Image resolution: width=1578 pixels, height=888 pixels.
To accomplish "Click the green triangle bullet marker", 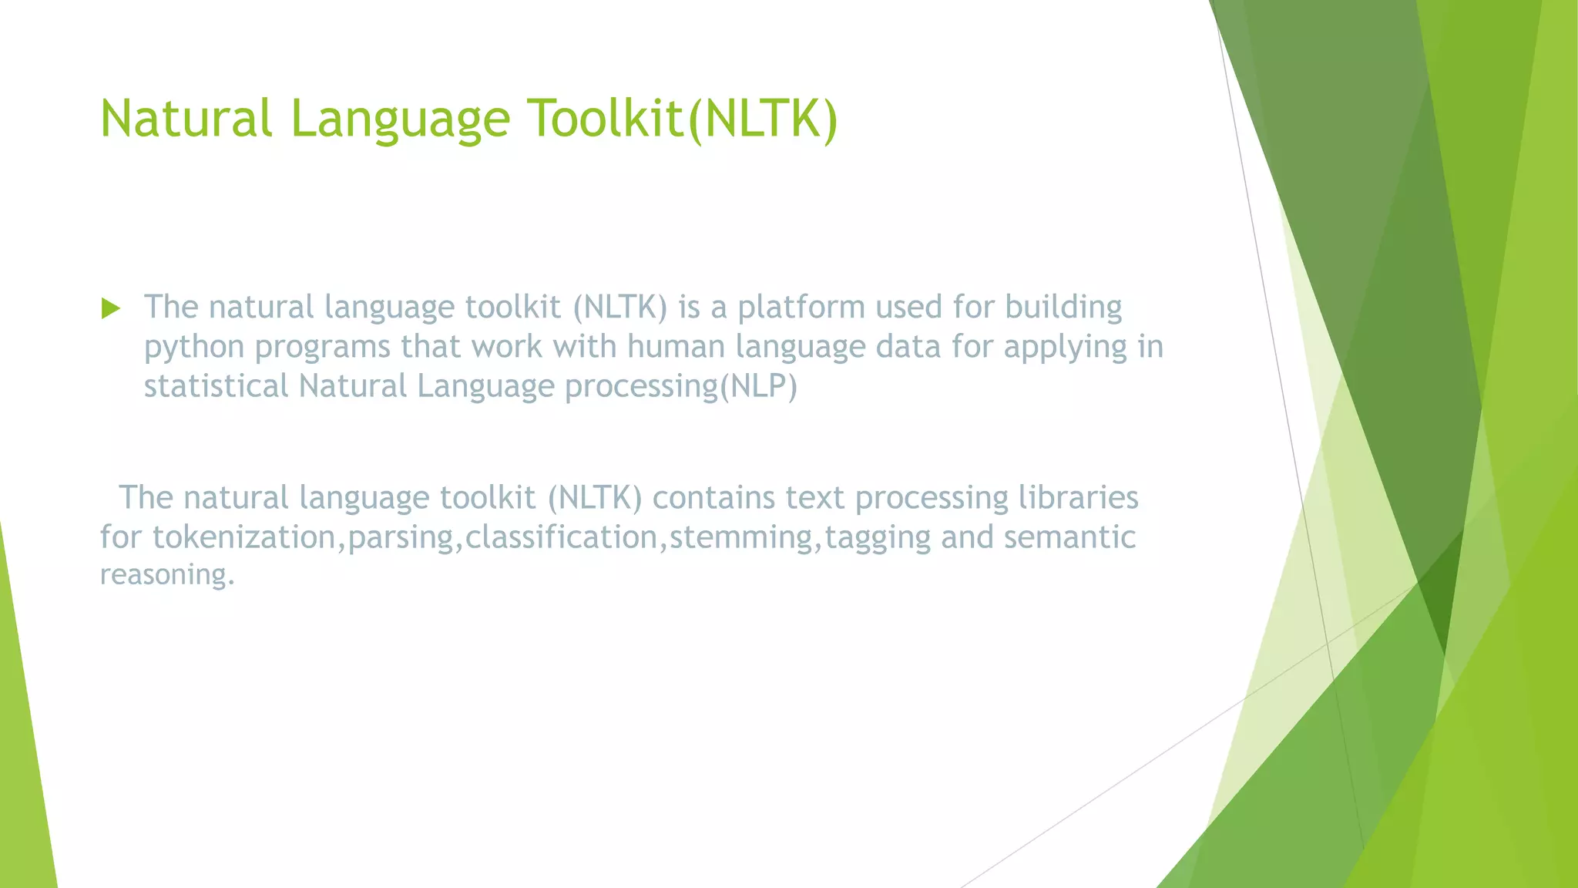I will tap(111, 309).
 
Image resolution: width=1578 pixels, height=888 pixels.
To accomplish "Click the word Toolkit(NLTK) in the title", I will tap(682, 119).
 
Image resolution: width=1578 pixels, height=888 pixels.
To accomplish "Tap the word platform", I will tap(801, 308).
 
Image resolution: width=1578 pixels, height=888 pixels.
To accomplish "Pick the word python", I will tap(194, 348).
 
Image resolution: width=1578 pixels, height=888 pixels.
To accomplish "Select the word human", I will tap(676, 347).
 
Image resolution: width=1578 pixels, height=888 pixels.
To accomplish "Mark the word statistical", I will tap(217, 386).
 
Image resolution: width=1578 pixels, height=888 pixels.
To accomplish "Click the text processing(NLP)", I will tap(681, 387).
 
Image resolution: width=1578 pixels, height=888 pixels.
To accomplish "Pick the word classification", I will tap(561, 537).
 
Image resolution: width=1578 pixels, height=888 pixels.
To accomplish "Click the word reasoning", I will tap(167, 575).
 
